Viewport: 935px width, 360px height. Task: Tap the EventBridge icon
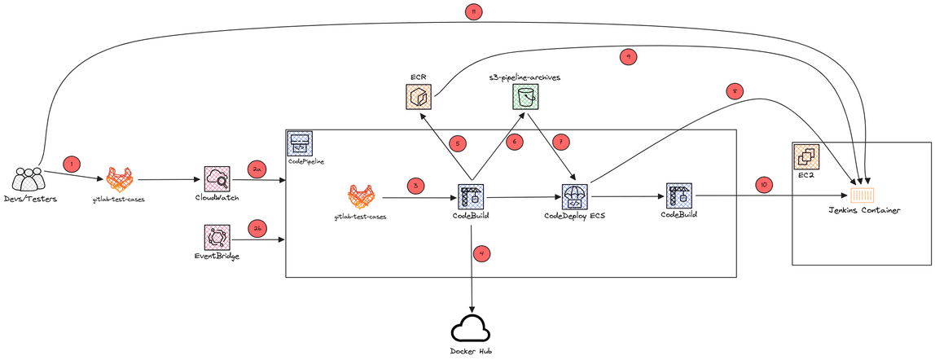217,238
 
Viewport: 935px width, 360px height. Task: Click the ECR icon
419,98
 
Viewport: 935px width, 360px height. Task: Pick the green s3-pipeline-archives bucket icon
526,98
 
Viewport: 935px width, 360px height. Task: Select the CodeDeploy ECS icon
575,196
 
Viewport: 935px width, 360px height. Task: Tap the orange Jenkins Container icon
862,195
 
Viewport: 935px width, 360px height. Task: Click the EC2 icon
806,156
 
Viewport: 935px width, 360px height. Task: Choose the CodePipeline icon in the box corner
300,145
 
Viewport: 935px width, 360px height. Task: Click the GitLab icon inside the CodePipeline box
361,196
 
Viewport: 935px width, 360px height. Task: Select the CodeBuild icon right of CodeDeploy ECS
678,195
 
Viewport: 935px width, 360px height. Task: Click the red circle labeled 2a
257,169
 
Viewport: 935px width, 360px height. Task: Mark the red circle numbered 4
483,253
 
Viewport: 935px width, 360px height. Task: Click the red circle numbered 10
763,184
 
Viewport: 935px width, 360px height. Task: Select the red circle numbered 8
735,92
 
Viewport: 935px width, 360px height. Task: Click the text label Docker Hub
471,351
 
